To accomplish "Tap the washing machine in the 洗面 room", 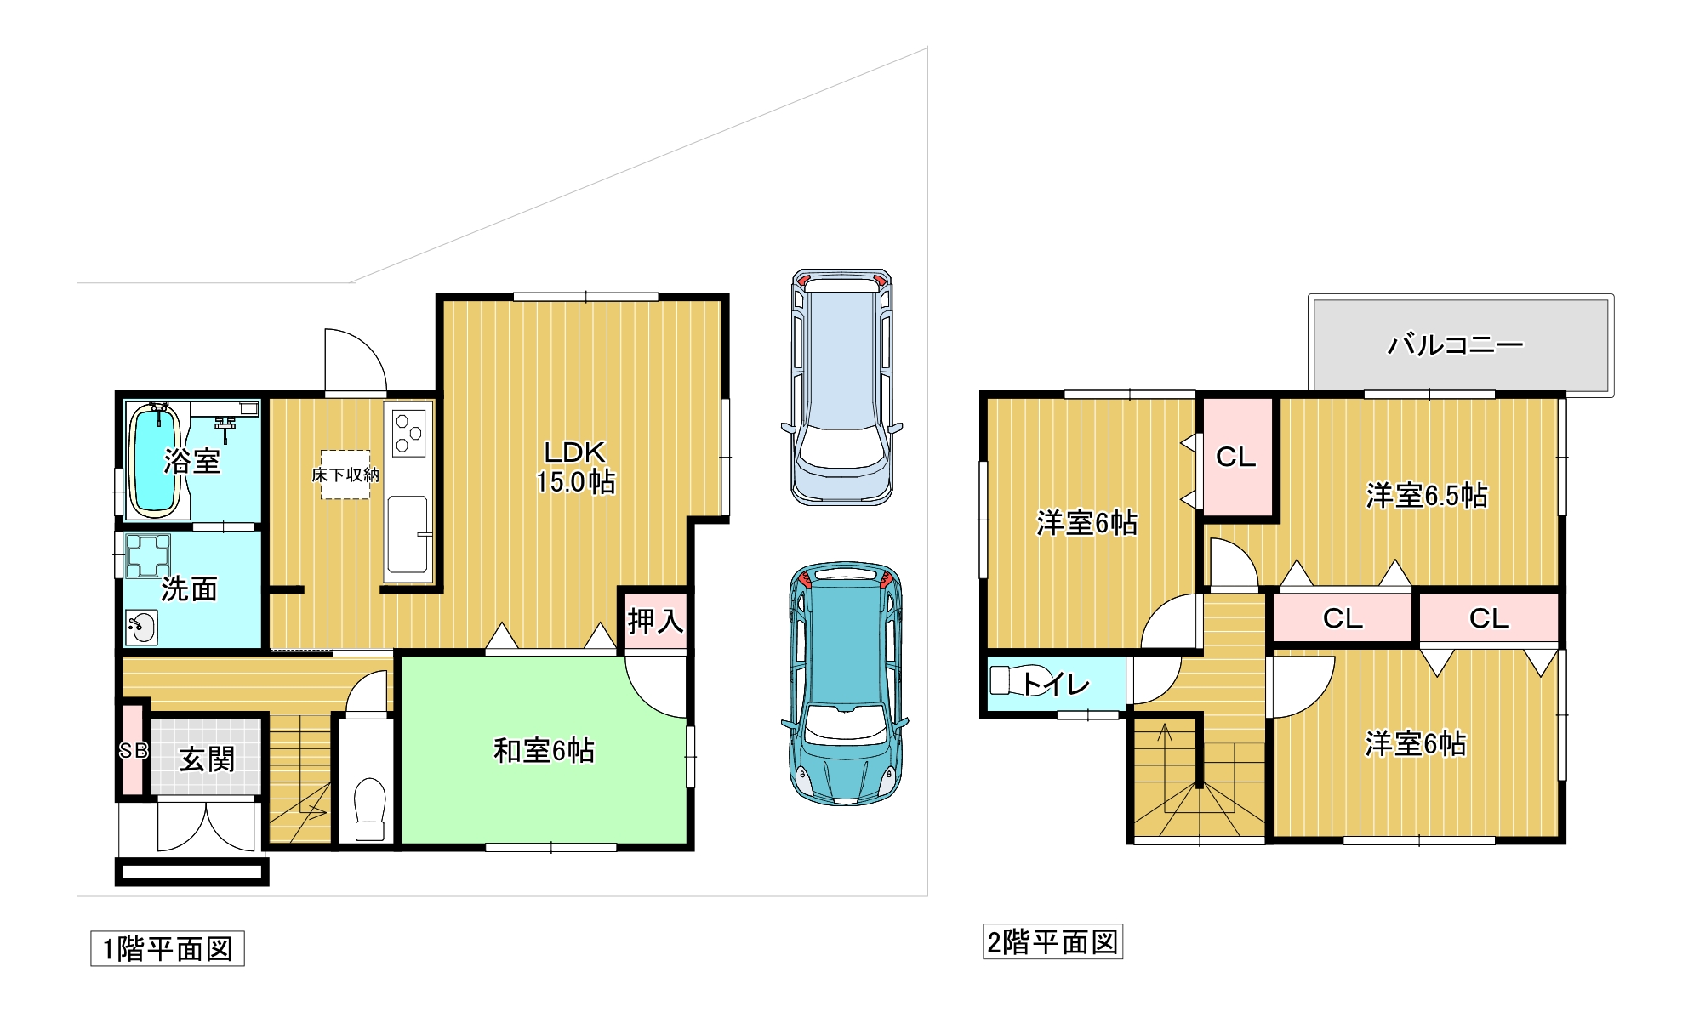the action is click(x=148, y=556).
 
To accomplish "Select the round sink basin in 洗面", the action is click(x=141, y=628).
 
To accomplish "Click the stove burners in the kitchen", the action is click(x=408, y=433).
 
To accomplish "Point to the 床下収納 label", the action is click(x=345, y=475).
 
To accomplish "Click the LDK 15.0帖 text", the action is click(x=575, y=467).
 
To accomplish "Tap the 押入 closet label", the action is click(x=656, y=621).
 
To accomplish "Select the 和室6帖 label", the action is click(x=544, y=751).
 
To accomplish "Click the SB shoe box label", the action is click(x=134, y=751).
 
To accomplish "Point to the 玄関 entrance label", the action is click(x=207, y=759).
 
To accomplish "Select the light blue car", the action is click(x=842, y=387).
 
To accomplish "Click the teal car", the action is click(x=845, y=683).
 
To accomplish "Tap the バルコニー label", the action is click(x=1456, y=344).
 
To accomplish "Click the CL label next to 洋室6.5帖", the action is click(x=1236, y=458).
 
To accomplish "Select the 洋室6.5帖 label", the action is click(x=1427, y=496).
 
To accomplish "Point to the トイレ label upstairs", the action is click(x=1055, y=684).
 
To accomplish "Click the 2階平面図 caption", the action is click(x=1052, y=942).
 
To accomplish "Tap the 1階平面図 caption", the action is click(x=168, y=949).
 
